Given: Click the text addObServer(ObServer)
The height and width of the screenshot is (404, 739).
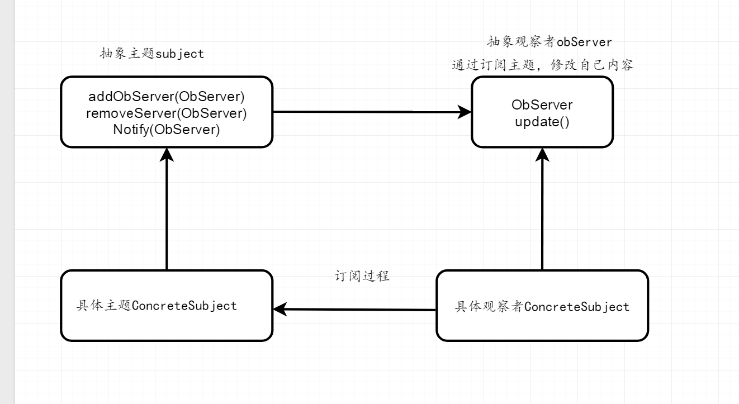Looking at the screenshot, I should point(167,96).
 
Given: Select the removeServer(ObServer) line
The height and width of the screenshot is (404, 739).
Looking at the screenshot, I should point(167,113).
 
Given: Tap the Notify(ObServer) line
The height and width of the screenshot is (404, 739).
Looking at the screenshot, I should point(167,130).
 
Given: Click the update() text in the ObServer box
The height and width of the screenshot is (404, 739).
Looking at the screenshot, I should point(542,122).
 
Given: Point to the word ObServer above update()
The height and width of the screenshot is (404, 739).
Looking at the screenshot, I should point(542,105).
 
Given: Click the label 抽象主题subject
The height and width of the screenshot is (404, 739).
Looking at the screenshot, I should point(151,54).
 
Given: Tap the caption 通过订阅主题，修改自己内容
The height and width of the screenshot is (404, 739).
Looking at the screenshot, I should point(542,65).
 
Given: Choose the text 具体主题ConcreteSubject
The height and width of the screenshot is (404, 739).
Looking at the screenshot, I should point(157,306).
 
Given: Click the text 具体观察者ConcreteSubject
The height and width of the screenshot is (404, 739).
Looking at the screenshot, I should point(542,307).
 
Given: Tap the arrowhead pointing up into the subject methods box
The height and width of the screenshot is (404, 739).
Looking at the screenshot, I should point(167,155).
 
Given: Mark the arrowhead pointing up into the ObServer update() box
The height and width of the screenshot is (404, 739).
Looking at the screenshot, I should point(542,155).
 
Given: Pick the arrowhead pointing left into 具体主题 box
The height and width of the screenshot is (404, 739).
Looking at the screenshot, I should point(280,309).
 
